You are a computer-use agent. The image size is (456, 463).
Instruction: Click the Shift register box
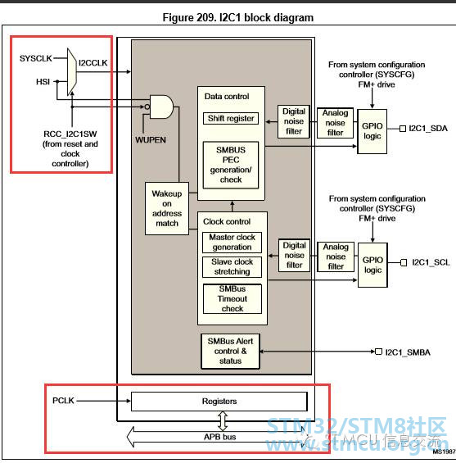[231, 118]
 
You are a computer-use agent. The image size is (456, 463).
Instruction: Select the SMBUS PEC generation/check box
[231, 165]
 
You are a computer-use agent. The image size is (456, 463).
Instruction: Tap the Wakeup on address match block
[167, 208]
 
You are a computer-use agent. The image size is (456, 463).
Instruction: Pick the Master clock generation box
[232, 243]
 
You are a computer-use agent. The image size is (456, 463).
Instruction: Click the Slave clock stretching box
[232, 267]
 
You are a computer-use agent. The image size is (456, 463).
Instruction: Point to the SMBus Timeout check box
[233, 299]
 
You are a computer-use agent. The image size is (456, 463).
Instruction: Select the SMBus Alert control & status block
[230, 351]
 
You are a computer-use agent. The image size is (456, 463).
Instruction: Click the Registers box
[219, 402]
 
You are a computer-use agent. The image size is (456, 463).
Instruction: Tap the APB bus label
[219, 437]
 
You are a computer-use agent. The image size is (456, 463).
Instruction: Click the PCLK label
[63, 401]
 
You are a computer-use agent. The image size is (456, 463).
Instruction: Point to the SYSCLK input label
[36, 58]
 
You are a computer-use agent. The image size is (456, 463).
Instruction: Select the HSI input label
[43, 81]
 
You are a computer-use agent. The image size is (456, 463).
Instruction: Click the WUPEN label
[151, 139]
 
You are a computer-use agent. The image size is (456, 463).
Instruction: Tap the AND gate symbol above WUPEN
[161, 107]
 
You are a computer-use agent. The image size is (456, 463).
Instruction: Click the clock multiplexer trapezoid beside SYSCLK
[72, 72]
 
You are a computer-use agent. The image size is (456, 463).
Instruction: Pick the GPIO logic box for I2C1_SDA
[372, 131]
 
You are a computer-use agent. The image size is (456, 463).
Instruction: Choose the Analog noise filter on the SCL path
[336, 256]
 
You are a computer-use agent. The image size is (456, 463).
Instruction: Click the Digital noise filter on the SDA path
[294, 121]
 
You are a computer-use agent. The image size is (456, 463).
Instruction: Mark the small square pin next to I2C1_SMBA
[378, 352]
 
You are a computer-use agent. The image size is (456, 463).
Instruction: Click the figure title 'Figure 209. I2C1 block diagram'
[237, 17]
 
